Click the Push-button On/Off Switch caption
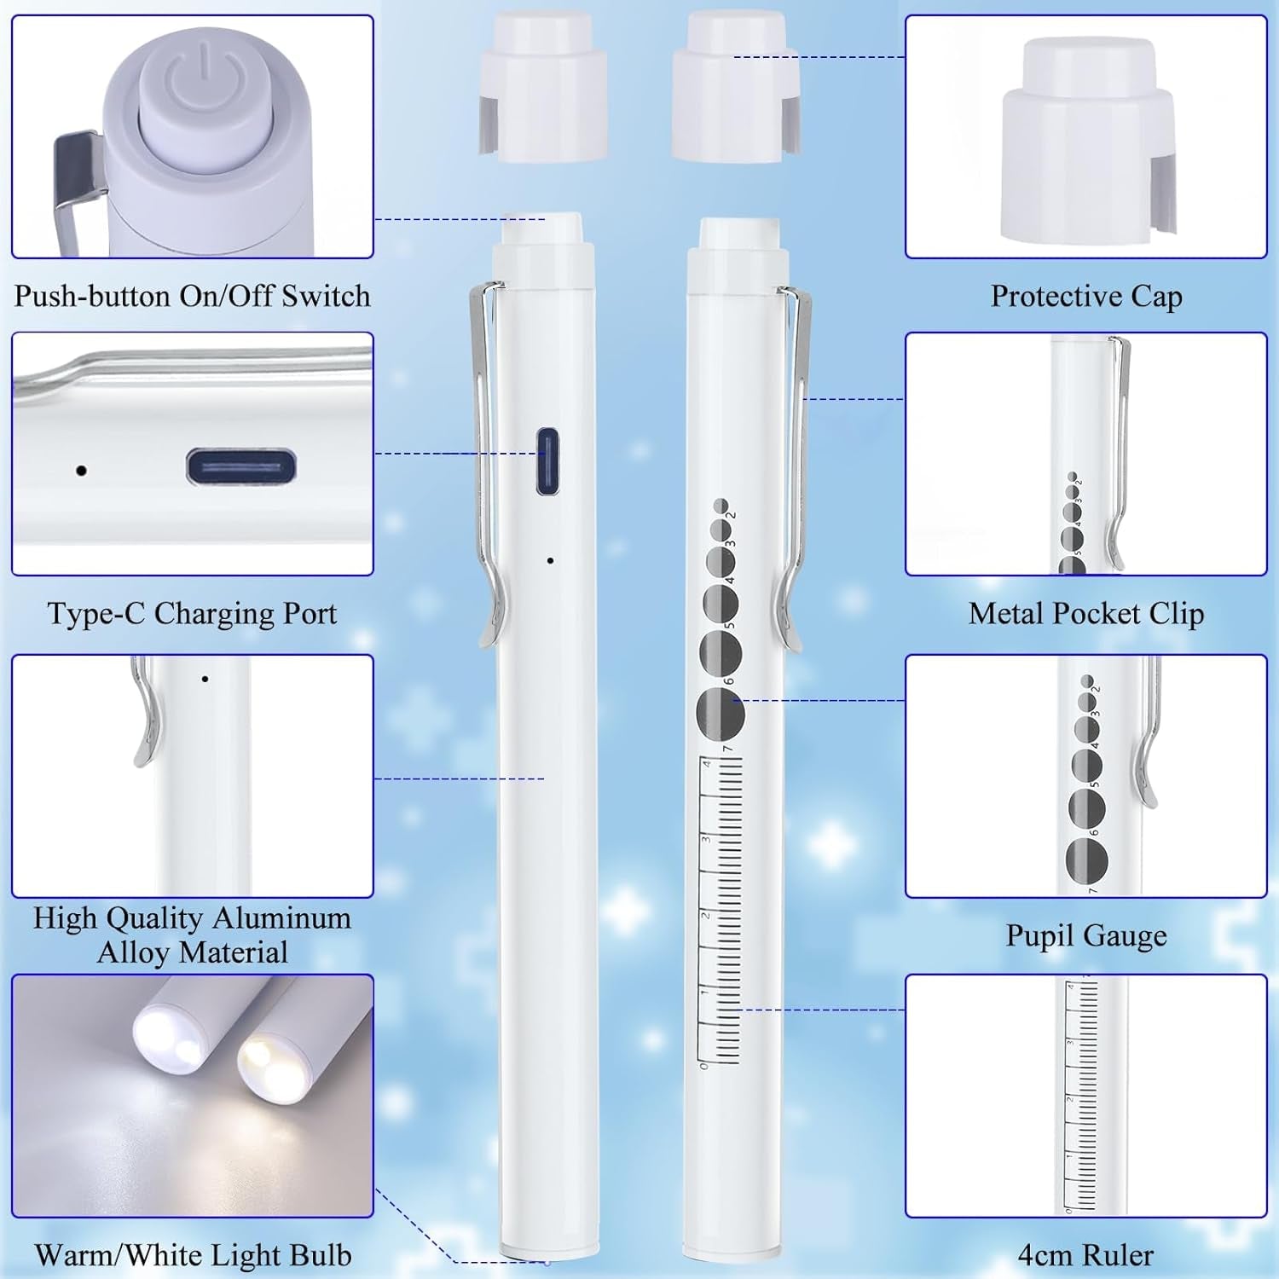pyautogui.click(x=192, y=296)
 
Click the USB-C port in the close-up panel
pyautogui.click(x=241, y=468)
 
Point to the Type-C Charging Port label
pyautogui.click(x=192, y=614)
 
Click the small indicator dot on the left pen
pyautogui.click(x=550, y=560)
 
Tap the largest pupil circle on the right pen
pyautogui.click(x=721, y=713)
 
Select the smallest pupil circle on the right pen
pyautogui.click(x=721, y=506)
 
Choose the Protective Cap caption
pyautogui.click(x=1086, y=296)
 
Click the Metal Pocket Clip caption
pyautogui.click(x=1086, y=614)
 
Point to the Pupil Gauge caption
pyautogui.click(x=1086, y=935)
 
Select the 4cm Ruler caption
pyautogui.click(x=1085, y=1255)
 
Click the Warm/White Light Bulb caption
pyautogui.click(x=193, y=1255)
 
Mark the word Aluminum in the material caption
pyautogui.click(x=281, y=918)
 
